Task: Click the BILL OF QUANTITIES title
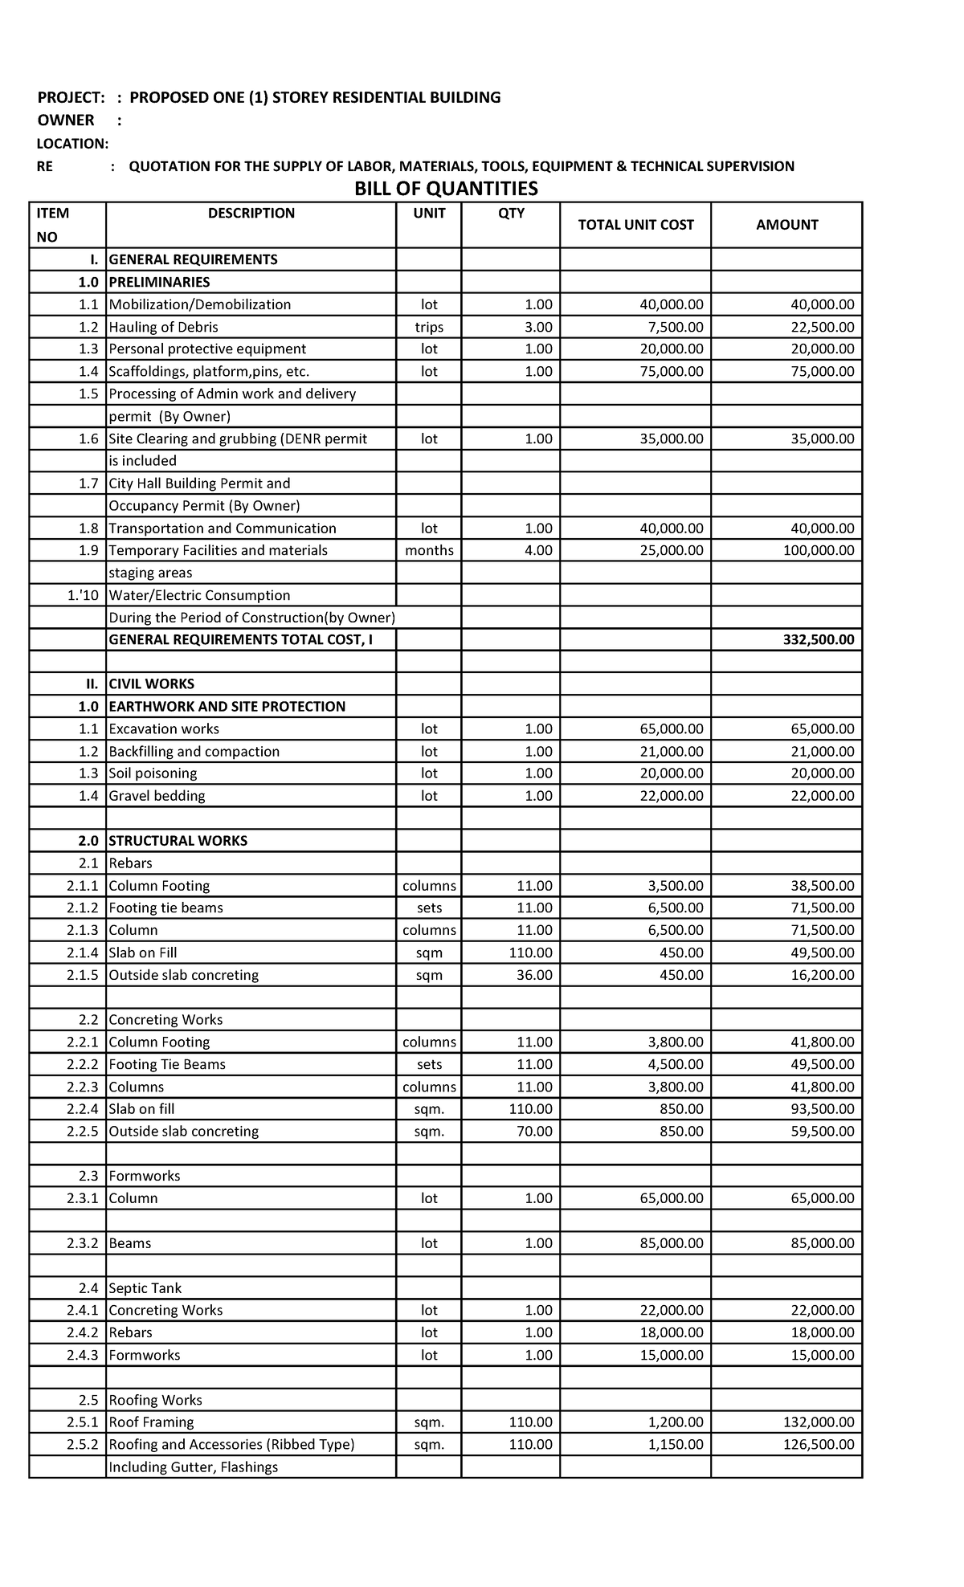pyautogui.click(x=447, y=189)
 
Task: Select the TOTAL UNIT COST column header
pyautogui.click(x=635, y=225)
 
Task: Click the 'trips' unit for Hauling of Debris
pyautogui.click(x=429, y=327)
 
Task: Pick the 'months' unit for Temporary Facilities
pyautogui.click(x=429, y=551)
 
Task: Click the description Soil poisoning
pyautogui.click(x=153, y=773)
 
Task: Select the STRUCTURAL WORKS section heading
pyautogui.click(x=178, y=841)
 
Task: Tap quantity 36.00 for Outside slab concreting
pyautogui.click(x=533, y=975)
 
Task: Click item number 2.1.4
pyautogui.click(x=83, y=953)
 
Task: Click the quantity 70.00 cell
pyautogui.click(x=533, y=1132)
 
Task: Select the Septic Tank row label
pyautogui.click(x=145, y=1288)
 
